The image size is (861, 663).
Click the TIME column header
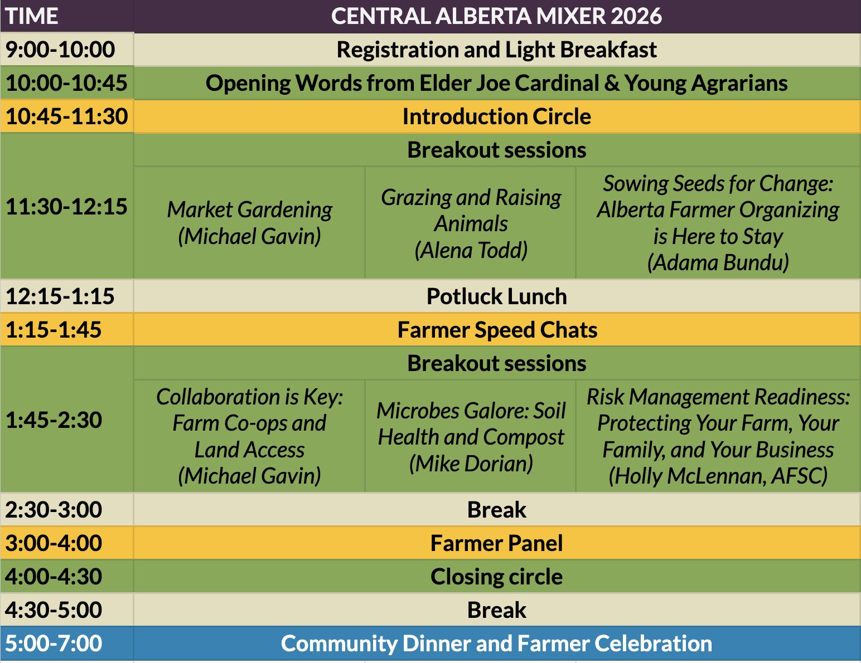pyautogui.click(x=32, y=16)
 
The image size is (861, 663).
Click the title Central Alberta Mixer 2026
pyautogui.click(x=496, y=16)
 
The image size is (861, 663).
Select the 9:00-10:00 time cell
pyautogui.click(x=60, y=50)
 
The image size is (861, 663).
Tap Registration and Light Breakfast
pyautogui.click(x=496, y=50)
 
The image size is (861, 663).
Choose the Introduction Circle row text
pyautogui.click(x=496, y=116)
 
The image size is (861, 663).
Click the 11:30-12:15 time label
pyautogui.click(x=66, y=207)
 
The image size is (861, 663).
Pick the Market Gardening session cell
pyautogui.click(x=249, y=222)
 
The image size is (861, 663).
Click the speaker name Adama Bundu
pyautogui.click(x=718, y=262)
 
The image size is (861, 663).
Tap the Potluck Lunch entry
pyautogui.click(x=496, y=296)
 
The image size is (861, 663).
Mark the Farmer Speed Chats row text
pyautogui.click(x=497, y=330)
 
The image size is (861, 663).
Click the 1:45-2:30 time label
pyautogui.click(x=54, y=420)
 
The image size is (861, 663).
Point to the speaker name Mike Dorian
pyautogui.click(x=471, y=464)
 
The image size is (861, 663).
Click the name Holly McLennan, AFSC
pyautogui.click(x=718, y=476)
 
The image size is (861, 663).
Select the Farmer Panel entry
pyautogui.click(x=496, y=543)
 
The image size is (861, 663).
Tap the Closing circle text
pyautogui.click(x=496, y=577)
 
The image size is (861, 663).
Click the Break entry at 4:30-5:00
pyautogui.click(x=496, y=610)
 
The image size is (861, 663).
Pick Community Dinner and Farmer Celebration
pyautogui.click(x=496, y=643)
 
